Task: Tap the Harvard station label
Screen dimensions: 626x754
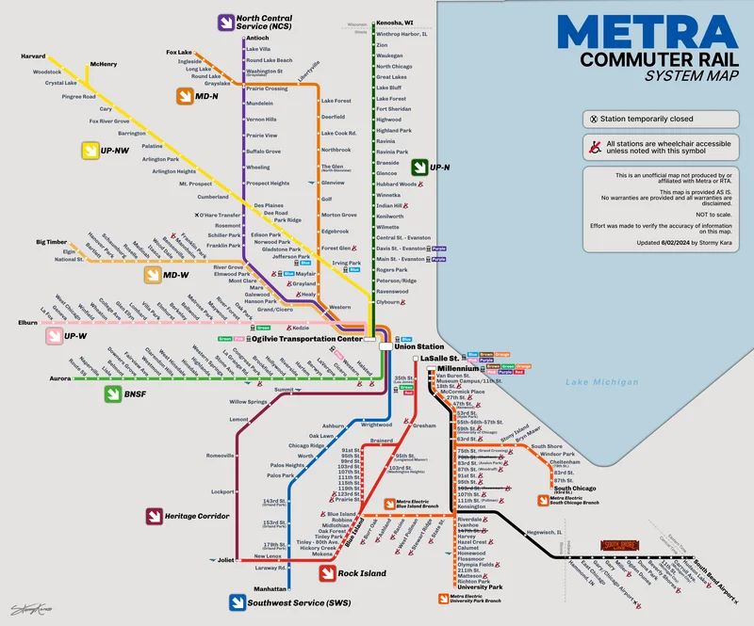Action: point(33,56)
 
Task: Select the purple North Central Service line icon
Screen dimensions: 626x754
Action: point(225,22)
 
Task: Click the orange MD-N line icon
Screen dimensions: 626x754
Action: point(185,96)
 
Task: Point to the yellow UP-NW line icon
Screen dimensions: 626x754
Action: point(90,150)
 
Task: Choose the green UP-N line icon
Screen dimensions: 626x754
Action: point(418,168)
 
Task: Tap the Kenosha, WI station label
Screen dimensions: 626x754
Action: point(396,22)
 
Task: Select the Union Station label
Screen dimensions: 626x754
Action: point(418,346)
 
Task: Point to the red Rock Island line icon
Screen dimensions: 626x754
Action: point(326,572)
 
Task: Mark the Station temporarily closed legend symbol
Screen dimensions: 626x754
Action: point(593,120)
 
